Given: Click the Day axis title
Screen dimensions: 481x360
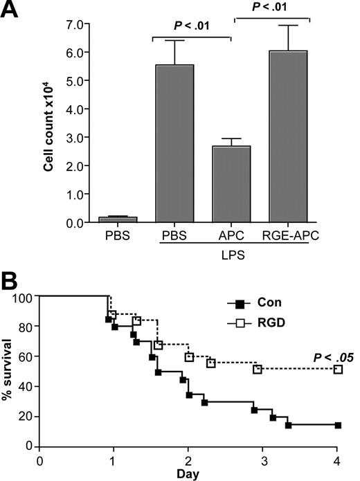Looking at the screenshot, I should [188, 475].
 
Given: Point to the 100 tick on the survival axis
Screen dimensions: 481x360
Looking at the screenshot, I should [25, 297].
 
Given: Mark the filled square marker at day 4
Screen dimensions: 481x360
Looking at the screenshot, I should [338, 425].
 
